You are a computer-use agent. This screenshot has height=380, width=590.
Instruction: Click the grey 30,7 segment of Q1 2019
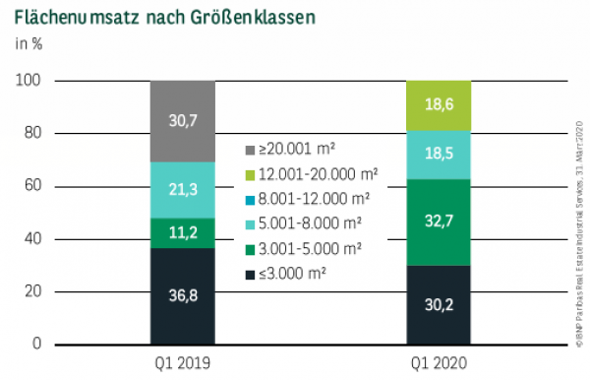(182, 121)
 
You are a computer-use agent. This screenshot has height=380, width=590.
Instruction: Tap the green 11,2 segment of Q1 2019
(182, 232)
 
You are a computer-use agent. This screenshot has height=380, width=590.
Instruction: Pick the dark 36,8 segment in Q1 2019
(182, 295)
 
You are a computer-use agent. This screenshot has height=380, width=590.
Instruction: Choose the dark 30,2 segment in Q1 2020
(439, 304)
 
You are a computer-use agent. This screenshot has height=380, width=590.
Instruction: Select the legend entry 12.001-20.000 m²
(310, 172)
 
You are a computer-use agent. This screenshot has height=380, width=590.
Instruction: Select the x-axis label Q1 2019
(182, 362)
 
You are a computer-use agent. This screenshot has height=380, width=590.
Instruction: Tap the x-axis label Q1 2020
(439, 362)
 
